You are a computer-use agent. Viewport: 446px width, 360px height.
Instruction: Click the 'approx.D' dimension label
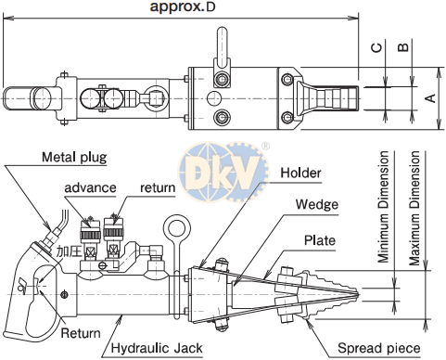click(183, 8)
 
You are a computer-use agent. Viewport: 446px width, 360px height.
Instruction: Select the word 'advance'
click(90, 187)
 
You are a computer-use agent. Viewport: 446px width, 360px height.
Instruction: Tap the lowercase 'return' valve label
click(157, 187)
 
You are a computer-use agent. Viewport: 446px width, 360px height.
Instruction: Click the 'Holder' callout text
click(301, 172)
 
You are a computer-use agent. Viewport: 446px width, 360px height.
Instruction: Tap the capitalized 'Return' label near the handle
click(80, 331)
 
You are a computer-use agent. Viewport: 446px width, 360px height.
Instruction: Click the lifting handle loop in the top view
click(223, 43)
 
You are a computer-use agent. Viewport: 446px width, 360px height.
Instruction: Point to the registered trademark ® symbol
click(266, 145)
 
